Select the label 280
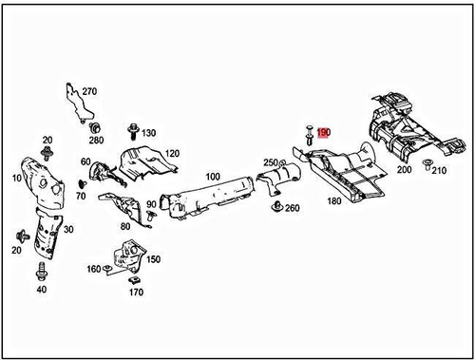click(95, 140)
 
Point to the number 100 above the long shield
click(213, 177)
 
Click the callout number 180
click(334, 201)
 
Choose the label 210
click(439, 171)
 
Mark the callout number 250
click(270, 163)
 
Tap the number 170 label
click(136, 293)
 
